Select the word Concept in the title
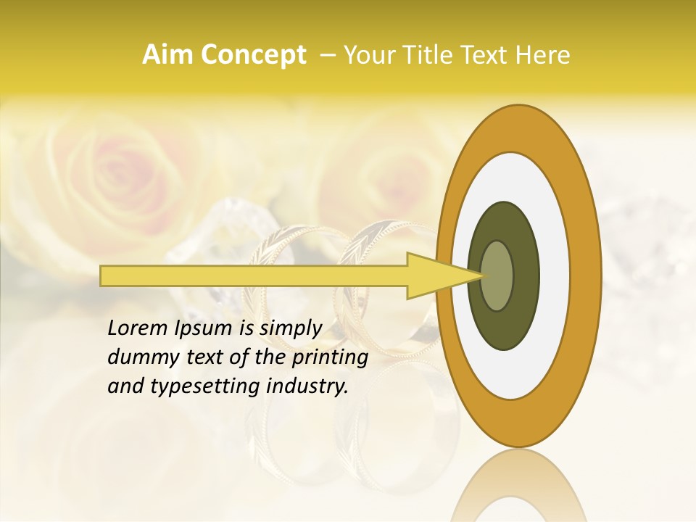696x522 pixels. point(253,55)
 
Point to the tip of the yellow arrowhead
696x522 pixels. point(481,275)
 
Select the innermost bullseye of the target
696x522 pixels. point(497,275)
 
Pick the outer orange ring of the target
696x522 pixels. point(587,275)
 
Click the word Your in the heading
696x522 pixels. point(365,55)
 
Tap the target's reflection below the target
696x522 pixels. point(518,486)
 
